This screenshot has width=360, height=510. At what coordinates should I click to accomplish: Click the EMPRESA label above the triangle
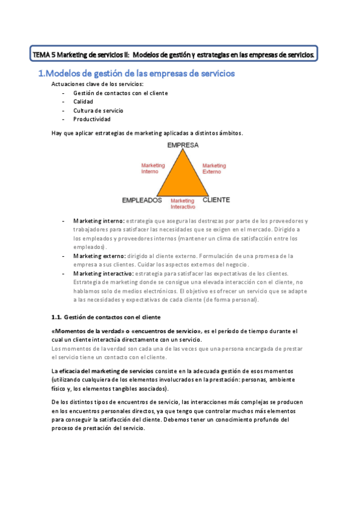pos(183,145)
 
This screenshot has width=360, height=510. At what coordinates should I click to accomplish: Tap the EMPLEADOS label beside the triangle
pos(142,200)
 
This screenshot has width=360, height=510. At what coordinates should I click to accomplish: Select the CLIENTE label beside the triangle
pos(216,199)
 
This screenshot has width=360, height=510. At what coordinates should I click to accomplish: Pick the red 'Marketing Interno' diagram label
pos(153,168)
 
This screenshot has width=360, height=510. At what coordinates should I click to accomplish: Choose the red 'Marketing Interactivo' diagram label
pos(183,203)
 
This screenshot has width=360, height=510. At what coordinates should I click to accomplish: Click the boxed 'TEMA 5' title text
pos(174,55)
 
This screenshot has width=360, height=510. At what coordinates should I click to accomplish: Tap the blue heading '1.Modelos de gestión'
pos(136,73)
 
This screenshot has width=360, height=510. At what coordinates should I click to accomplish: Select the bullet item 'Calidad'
pos(83,102)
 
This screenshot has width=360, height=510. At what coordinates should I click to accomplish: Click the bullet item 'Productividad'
pos(92,119)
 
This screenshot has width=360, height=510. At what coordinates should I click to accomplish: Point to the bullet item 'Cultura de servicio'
pos(98,111)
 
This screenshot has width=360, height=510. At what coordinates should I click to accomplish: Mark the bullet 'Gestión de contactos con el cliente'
pos(120,93)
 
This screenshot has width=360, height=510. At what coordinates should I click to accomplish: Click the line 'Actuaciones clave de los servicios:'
pos(97,84)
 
